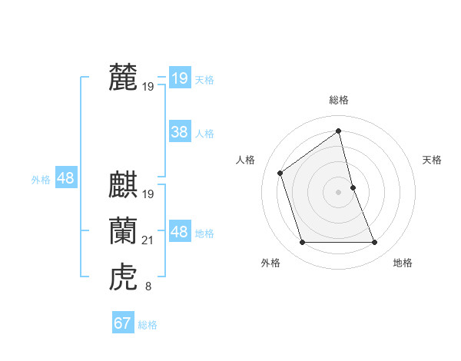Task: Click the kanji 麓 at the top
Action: [123, 78]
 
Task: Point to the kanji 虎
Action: [123, 277]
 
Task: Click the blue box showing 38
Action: [179, 132]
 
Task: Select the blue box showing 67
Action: [123, 323]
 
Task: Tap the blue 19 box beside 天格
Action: [179, 78]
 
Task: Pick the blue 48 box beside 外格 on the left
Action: [66, 178]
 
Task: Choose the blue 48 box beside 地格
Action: [179, 231]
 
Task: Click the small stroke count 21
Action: [148, 241]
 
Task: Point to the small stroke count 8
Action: [148, 287]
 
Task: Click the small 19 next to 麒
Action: [148, 194]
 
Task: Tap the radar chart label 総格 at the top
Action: [339, 100]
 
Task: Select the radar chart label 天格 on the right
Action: [432, 160]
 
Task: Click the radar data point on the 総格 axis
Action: [339, 131]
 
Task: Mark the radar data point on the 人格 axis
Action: [280, 173]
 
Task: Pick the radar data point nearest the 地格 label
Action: [375, 243]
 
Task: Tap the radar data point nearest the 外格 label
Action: [302, 243]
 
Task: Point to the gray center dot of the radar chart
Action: [339, 192]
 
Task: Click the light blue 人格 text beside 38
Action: [204, 134]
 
